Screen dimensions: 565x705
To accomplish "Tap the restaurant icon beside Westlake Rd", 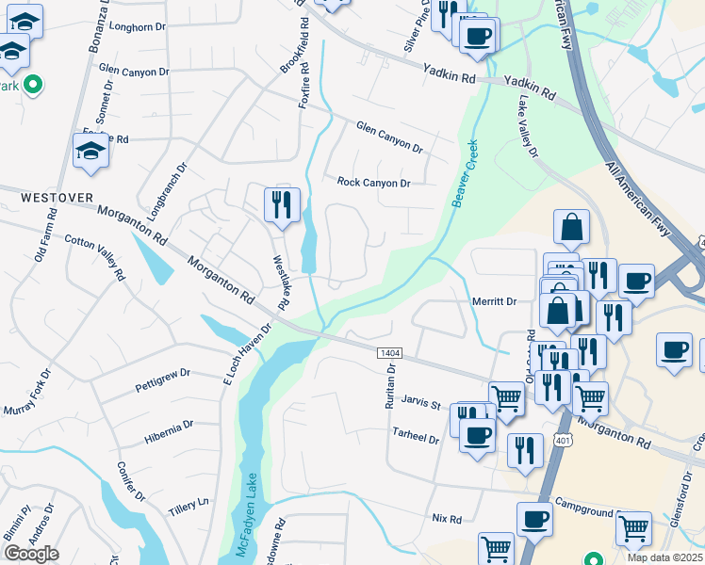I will coord(281,204).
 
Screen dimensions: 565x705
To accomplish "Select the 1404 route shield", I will coord(390,352).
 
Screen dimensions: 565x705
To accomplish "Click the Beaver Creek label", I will coord(465,174).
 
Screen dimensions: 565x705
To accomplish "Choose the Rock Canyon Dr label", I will coord(374,183).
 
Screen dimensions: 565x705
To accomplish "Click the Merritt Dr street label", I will coord(494,301).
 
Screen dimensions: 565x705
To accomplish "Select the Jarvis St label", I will coord(422,403).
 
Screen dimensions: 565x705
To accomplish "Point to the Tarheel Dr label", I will coord(416,439).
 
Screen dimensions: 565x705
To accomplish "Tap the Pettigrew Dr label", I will coord(163,380).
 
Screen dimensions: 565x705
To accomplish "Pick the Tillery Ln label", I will coord(188,505).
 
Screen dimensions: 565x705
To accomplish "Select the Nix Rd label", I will coord(446,519).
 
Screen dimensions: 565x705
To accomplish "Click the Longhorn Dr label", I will coord(139,27).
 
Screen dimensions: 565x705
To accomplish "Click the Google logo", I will coord(31,554).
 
